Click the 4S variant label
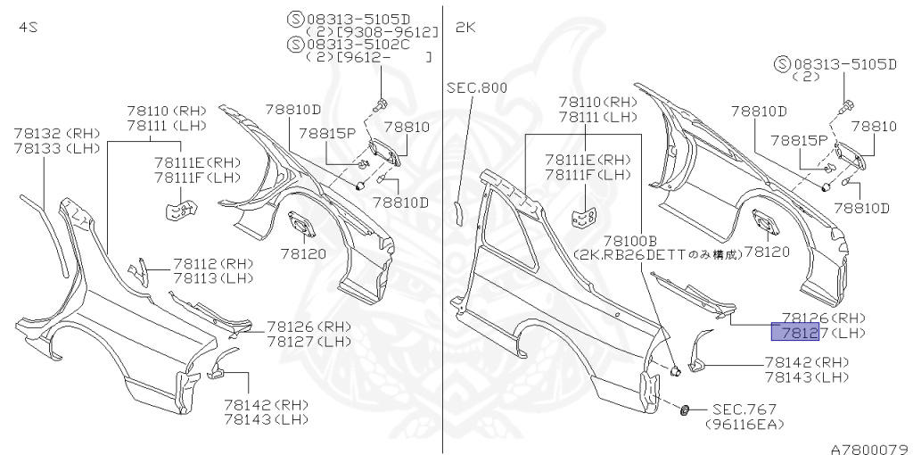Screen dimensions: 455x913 click(x=28, y=28)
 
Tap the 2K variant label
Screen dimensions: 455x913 click(x=466, y=28)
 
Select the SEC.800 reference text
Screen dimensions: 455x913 click(x=477, y=87)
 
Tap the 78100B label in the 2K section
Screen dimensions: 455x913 click(x=629, y=240)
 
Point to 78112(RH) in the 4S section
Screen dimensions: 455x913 click(x=213, y=264)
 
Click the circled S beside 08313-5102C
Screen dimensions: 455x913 click(x=295, y=43)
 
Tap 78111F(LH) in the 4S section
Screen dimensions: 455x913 click(x=197, y=178)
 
